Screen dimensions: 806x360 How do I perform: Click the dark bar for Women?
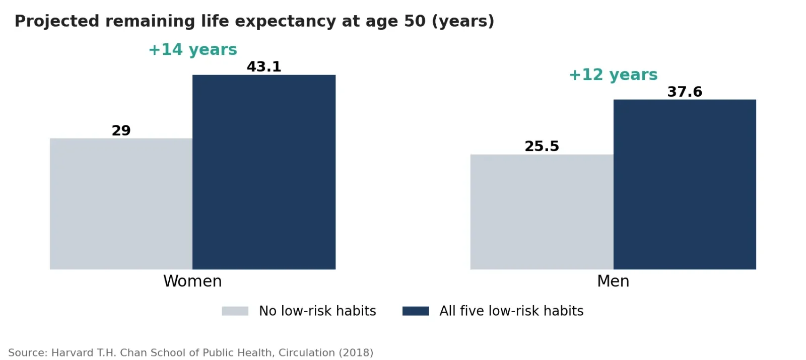264,172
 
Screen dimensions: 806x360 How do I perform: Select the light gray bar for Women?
121,204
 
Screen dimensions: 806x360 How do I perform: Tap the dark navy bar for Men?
685,184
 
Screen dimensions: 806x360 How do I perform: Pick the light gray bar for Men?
542,212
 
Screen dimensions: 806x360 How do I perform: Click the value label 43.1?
264,67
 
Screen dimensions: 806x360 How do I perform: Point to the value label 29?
121,130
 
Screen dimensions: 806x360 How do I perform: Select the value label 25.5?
542,147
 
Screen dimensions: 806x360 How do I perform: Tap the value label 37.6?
685,92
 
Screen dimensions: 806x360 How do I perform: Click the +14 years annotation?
193,50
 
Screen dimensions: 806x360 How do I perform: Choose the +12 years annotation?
613,75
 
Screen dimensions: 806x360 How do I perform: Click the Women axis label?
192,281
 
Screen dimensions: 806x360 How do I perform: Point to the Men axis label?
613,281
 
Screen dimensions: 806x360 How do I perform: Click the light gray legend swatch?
235,311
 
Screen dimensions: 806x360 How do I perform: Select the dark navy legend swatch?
416,311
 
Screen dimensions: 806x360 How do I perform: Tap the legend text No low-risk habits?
317,311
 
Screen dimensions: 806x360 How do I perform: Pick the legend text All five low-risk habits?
511,311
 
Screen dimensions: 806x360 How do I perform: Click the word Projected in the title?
57,21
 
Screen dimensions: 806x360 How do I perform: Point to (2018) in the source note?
356,353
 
